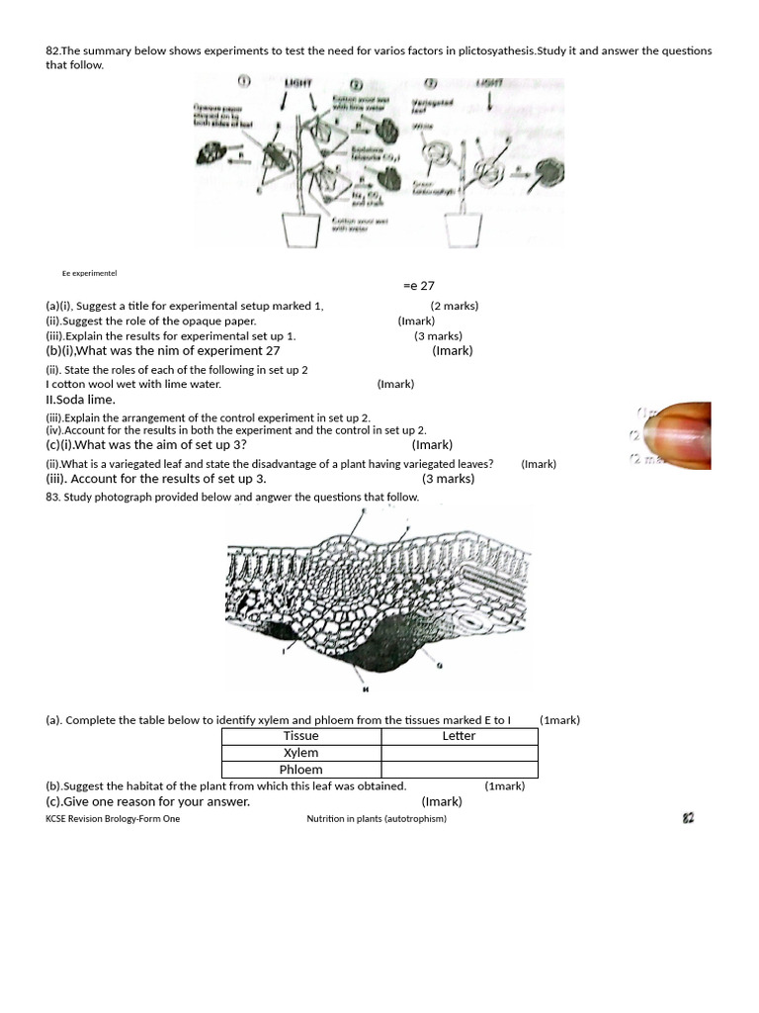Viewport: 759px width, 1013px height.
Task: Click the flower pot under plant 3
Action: [462, 230]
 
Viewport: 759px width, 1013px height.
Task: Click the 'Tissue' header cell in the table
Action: [300, 736]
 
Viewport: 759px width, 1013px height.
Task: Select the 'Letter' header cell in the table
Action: [459, 736]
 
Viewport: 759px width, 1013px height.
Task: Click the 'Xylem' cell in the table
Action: [300, 753]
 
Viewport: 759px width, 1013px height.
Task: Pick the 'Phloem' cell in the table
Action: [300, 770]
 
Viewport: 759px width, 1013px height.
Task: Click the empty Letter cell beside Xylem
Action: [459, 753]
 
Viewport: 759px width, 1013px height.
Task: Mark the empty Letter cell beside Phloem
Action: [459, 770]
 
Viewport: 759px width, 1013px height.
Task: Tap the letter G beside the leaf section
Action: [439, 667]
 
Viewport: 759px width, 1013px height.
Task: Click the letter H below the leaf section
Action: [365, 690]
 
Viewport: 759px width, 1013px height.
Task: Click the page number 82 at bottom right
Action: [689, 818]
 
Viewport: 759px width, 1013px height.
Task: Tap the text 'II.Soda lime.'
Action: [80, 400]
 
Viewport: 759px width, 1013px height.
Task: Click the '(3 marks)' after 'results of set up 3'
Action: [448, 479]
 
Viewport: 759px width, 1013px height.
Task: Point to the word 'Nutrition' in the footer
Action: [328, 819]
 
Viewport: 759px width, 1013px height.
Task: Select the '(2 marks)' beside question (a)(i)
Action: [454, 307]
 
